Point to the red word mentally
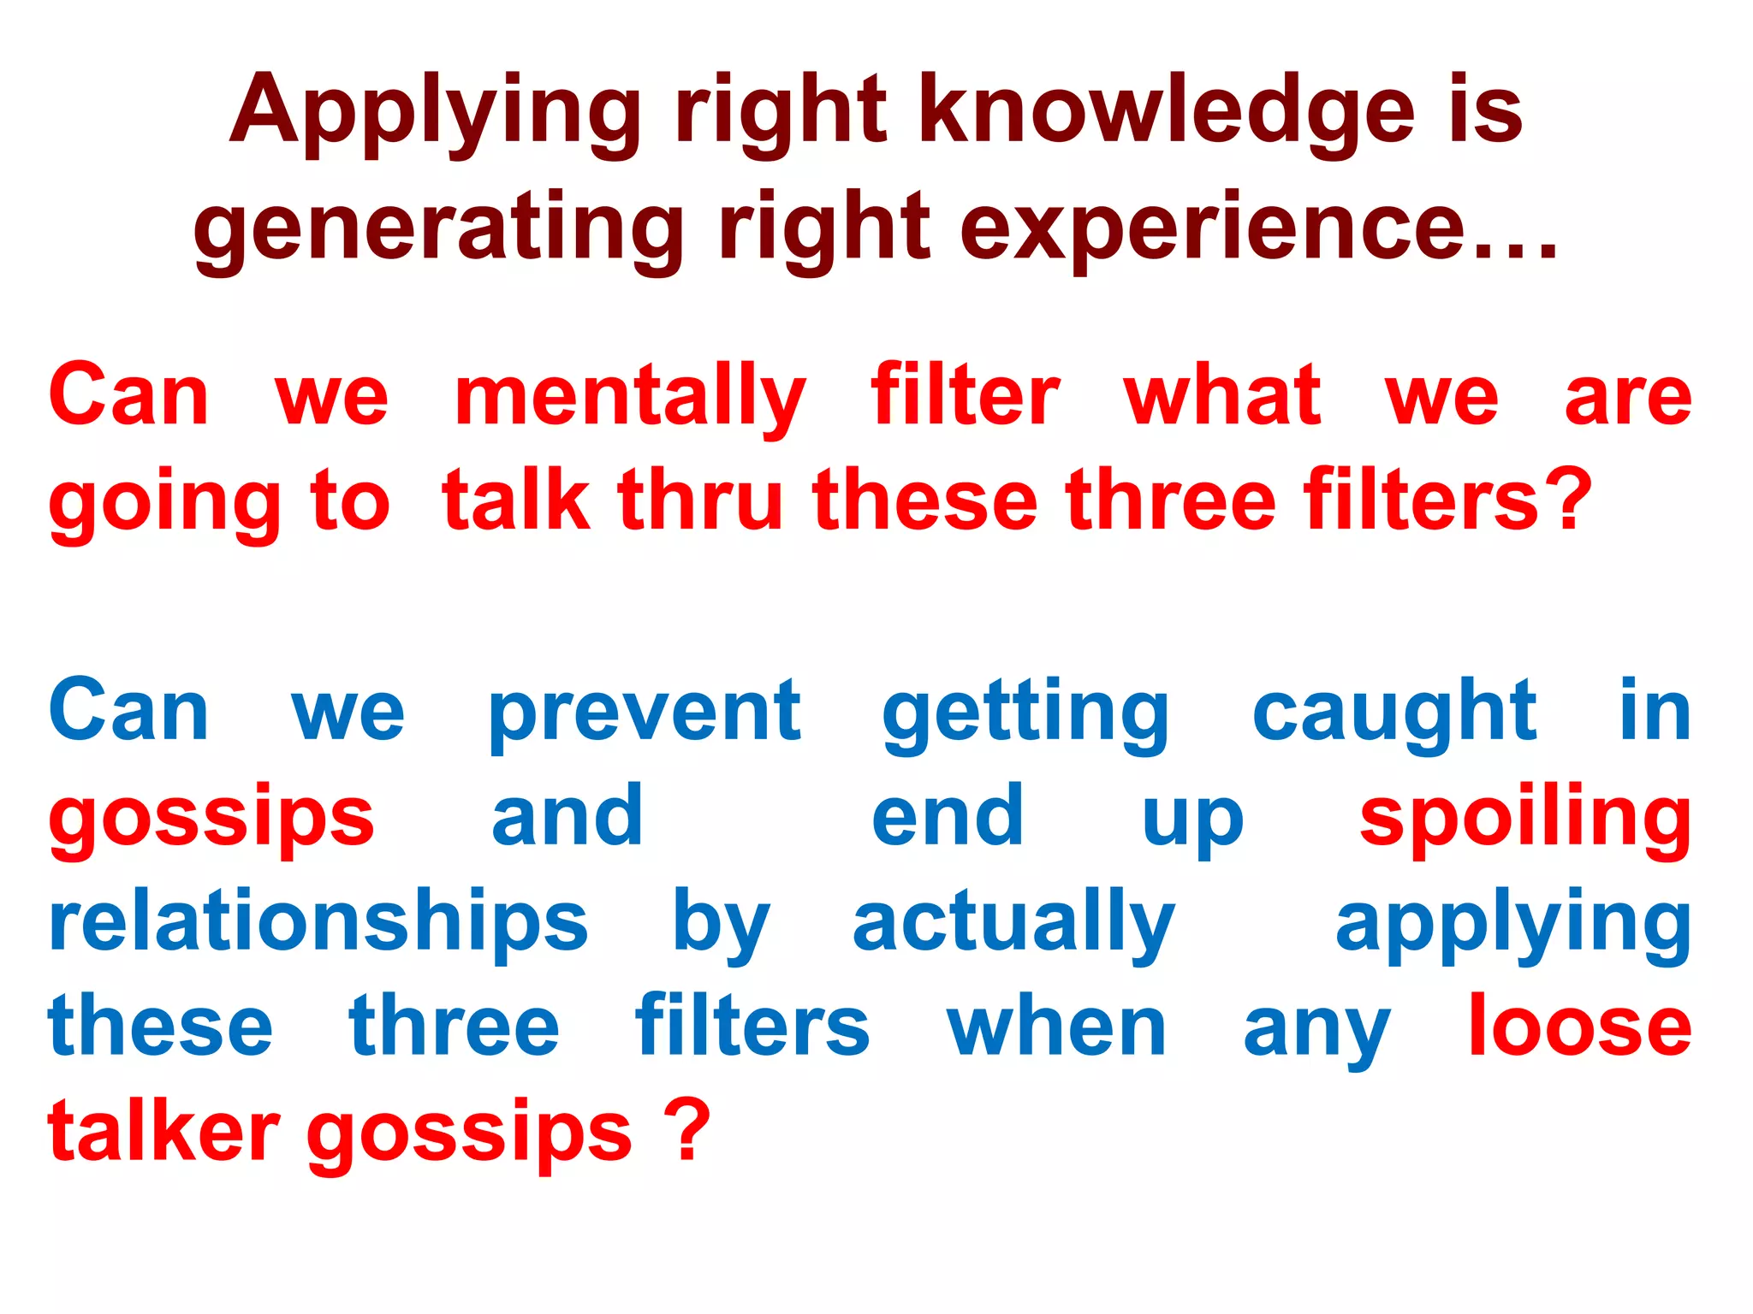(x=630, y=397)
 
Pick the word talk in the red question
(x=515, y=501)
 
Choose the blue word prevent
(x=645, y=712)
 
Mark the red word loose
(x=1579, y=1027)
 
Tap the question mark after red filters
(x=1573, y=501)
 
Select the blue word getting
(x=1025, y=712)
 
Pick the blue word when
(x=1056, y=1027)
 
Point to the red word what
(x=1222, y=397)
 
